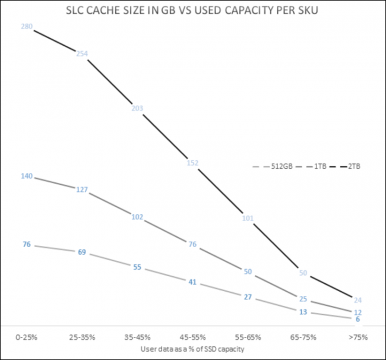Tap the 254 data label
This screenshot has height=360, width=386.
point(82,53)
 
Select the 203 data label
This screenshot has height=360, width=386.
point(137,108)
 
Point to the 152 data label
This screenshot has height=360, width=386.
point(192,163)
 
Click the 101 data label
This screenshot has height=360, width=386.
point(248,218)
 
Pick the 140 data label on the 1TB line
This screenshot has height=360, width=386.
point(27,176)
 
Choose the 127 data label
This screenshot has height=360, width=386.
point(82,190)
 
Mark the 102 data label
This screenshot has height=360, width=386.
point(137,217)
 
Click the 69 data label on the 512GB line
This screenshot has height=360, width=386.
point(82,252)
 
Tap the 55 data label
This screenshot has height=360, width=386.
point(137,267)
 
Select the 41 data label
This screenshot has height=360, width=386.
point(192,282)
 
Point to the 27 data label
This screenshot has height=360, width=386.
point(248,296)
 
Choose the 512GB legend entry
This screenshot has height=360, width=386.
point(276,166)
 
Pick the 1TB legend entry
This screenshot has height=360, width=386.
point(315,166)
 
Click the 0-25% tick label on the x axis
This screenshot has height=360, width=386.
point(27,337)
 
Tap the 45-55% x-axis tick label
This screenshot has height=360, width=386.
point(192,337)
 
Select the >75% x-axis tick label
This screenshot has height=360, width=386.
point(358,337)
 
